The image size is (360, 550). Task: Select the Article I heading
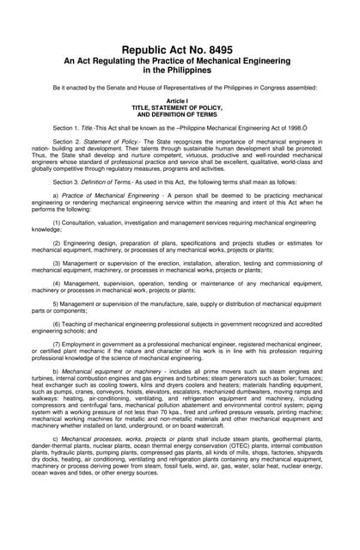(x=180, y=101)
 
